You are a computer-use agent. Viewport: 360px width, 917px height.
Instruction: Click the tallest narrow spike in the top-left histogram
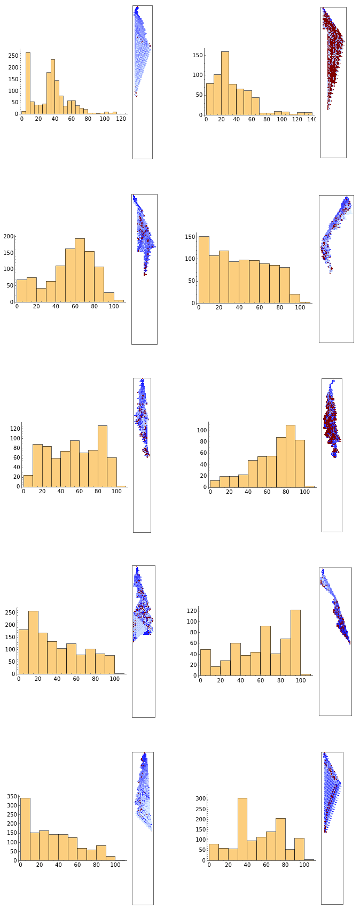coord(28,83)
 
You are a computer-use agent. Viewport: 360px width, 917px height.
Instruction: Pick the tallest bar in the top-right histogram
coord(225,83)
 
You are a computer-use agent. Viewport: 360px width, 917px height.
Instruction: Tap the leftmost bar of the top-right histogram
coord(210,99)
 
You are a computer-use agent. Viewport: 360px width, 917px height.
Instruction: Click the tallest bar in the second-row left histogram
coord(80,270)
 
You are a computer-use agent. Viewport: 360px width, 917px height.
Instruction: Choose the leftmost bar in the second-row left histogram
coord(22,291)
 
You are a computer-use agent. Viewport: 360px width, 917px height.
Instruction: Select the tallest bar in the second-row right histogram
coord(204,270)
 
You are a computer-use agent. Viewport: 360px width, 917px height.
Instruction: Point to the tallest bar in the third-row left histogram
coord(103,456)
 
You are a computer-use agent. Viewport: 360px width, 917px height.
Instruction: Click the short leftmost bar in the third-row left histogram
coord(28,481)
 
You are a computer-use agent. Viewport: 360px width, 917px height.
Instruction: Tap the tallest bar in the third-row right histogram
coord(291,456)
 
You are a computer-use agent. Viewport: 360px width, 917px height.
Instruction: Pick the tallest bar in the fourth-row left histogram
coord(33,643)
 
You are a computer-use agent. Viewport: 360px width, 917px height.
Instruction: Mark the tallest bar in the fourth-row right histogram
coord(295,643)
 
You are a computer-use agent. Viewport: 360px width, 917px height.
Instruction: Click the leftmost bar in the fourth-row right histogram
coord(205,663)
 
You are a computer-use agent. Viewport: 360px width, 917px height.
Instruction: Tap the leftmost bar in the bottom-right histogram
coord(214,852)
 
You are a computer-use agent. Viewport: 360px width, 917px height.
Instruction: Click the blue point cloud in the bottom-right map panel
coord(331,791)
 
